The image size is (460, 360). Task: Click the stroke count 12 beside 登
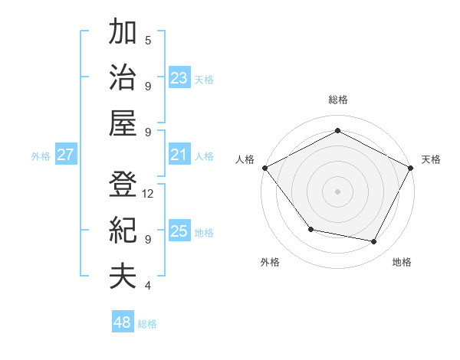tap(148, 194)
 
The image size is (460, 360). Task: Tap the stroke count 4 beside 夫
tap(148, 286)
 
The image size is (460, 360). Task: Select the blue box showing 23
tap(179, 78)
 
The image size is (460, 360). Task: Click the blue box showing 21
tap(179, 155)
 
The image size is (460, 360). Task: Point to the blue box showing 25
tap(179, 232)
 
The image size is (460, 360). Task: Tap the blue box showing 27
tap(65, 155)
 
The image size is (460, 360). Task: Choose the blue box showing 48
tap(122, 322)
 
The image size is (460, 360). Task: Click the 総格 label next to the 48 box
tap(147, 324)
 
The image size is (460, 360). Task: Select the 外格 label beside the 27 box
tap(41, 156)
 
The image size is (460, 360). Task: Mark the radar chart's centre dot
tap(337, 191)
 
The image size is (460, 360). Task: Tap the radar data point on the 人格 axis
tap(264, 167)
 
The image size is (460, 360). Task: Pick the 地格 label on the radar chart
tap(402, 262)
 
